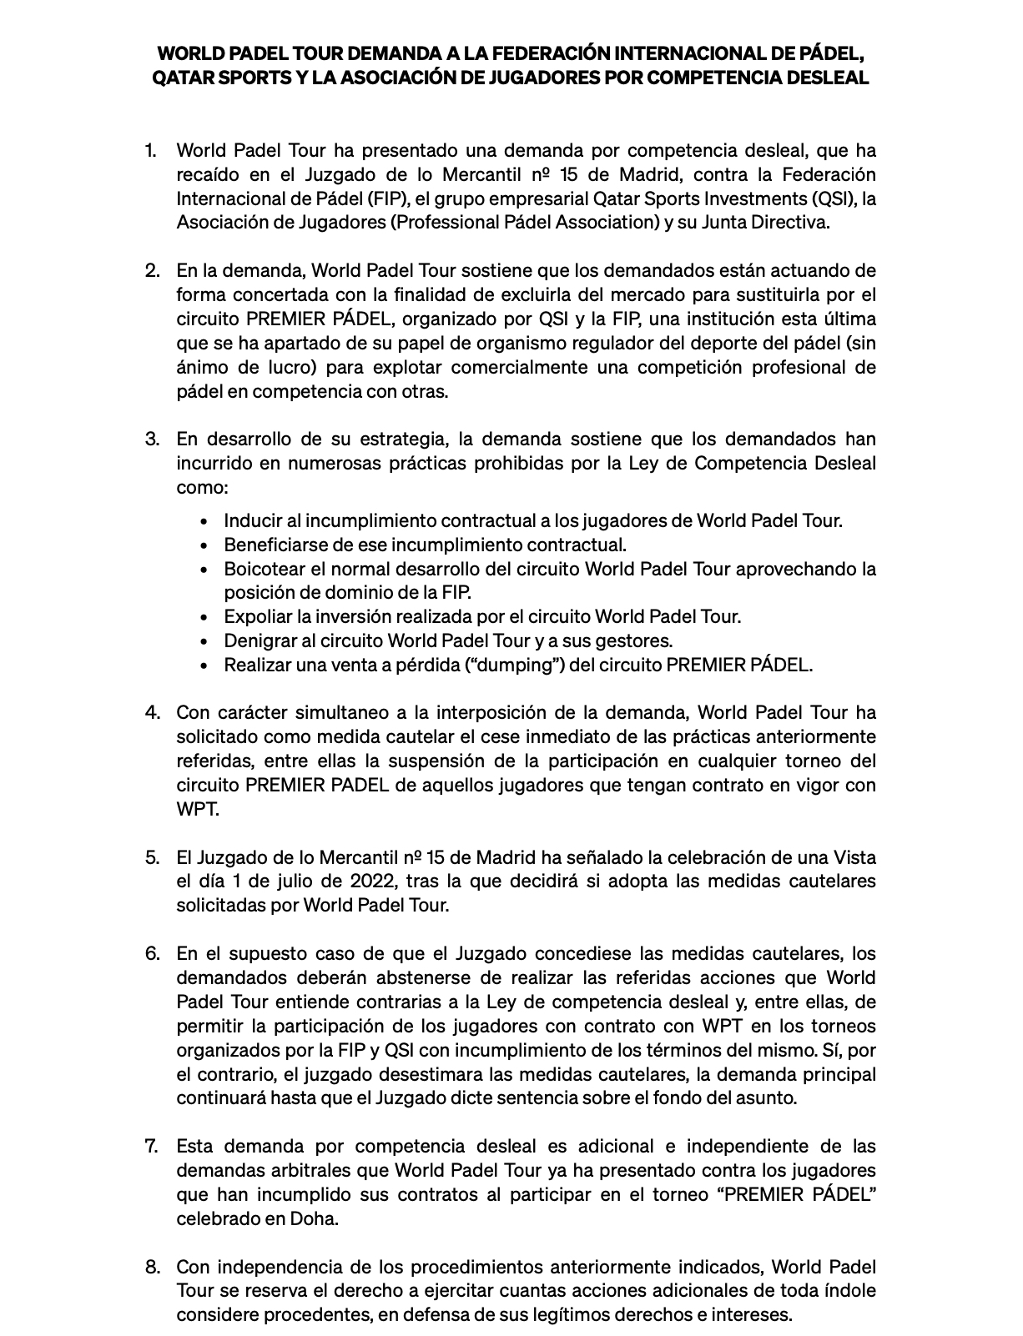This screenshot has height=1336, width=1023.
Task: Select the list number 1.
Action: (x=150, y=150)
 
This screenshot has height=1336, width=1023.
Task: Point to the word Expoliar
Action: (x=257, y=616)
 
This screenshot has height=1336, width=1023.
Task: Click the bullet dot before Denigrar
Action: (x=204, y=641)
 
